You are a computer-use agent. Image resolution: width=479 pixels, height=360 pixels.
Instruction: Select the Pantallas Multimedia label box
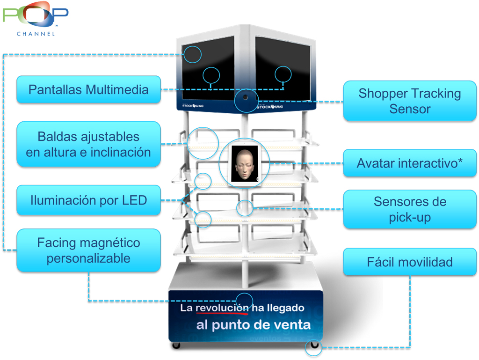[x=88, y=89]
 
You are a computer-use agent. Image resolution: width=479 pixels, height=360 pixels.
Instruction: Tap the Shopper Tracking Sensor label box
[x=409, y=101]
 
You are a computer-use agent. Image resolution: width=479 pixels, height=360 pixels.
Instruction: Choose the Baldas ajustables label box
[x=88, y=144]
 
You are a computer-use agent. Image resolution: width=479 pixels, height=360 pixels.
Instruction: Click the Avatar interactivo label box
[x=409, y=163]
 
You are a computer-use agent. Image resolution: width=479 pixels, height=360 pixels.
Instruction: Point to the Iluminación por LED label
[x=88, y=201]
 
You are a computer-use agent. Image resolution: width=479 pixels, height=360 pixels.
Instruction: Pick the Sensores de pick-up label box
[x=409, y=209]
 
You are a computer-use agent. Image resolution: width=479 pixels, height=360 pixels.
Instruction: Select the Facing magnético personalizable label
[x=88, y=250]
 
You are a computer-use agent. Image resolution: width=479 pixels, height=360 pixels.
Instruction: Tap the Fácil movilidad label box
[x=409, y=262]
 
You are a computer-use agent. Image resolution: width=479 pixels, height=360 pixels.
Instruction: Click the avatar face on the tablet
[x=244, y=163]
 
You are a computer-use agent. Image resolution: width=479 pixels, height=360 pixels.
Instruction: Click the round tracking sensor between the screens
[x=245, y=98]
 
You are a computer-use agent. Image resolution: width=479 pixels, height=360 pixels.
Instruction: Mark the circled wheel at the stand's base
[x=312, y=347]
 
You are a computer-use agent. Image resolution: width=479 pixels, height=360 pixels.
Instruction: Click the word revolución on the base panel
[x=222, y=308]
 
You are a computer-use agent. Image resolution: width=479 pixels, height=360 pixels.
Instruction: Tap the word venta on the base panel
[x=292, y=325]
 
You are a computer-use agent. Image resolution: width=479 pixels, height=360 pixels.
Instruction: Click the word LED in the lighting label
[x=135, y=201]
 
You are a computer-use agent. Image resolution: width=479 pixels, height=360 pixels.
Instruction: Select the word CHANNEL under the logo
[x=36, y=34]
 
